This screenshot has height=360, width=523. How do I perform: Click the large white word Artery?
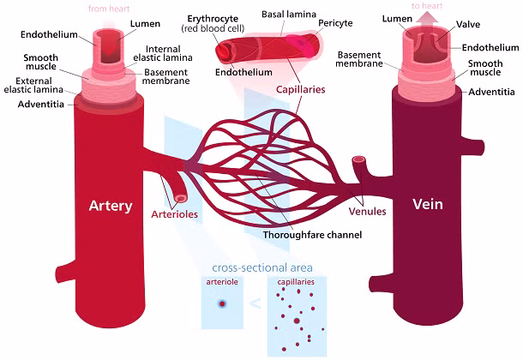coord(111,206)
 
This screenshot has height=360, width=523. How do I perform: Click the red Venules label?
coord(368,211)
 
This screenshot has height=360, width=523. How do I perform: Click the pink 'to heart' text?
coord(426,6)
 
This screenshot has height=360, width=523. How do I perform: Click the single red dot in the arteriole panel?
coord(222,303)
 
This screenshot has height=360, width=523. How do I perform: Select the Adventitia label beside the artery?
coord(39,105)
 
